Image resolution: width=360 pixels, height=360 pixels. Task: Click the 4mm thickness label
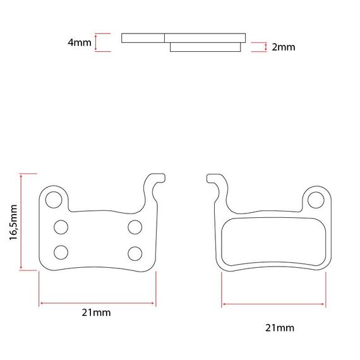pos(80,42)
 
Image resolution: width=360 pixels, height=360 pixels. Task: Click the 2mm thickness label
pos(284,47)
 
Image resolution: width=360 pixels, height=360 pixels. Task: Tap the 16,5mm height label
pos(13,222)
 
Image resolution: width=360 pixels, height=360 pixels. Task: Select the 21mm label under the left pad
pos(96,313)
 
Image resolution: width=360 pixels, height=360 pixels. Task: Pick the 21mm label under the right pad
pos(280,328)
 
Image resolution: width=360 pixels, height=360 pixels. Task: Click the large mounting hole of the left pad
pos(54,200)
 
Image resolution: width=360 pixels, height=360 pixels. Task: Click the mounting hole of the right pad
pos(316,200)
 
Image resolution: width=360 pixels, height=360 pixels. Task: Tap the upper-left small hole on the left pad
pos(61,227)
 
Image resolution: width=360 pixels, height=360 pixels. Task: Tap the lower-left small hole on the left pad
pos(61,253)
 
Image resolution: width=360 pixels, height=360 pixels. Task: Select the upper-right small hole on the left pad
pos(135,227)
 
